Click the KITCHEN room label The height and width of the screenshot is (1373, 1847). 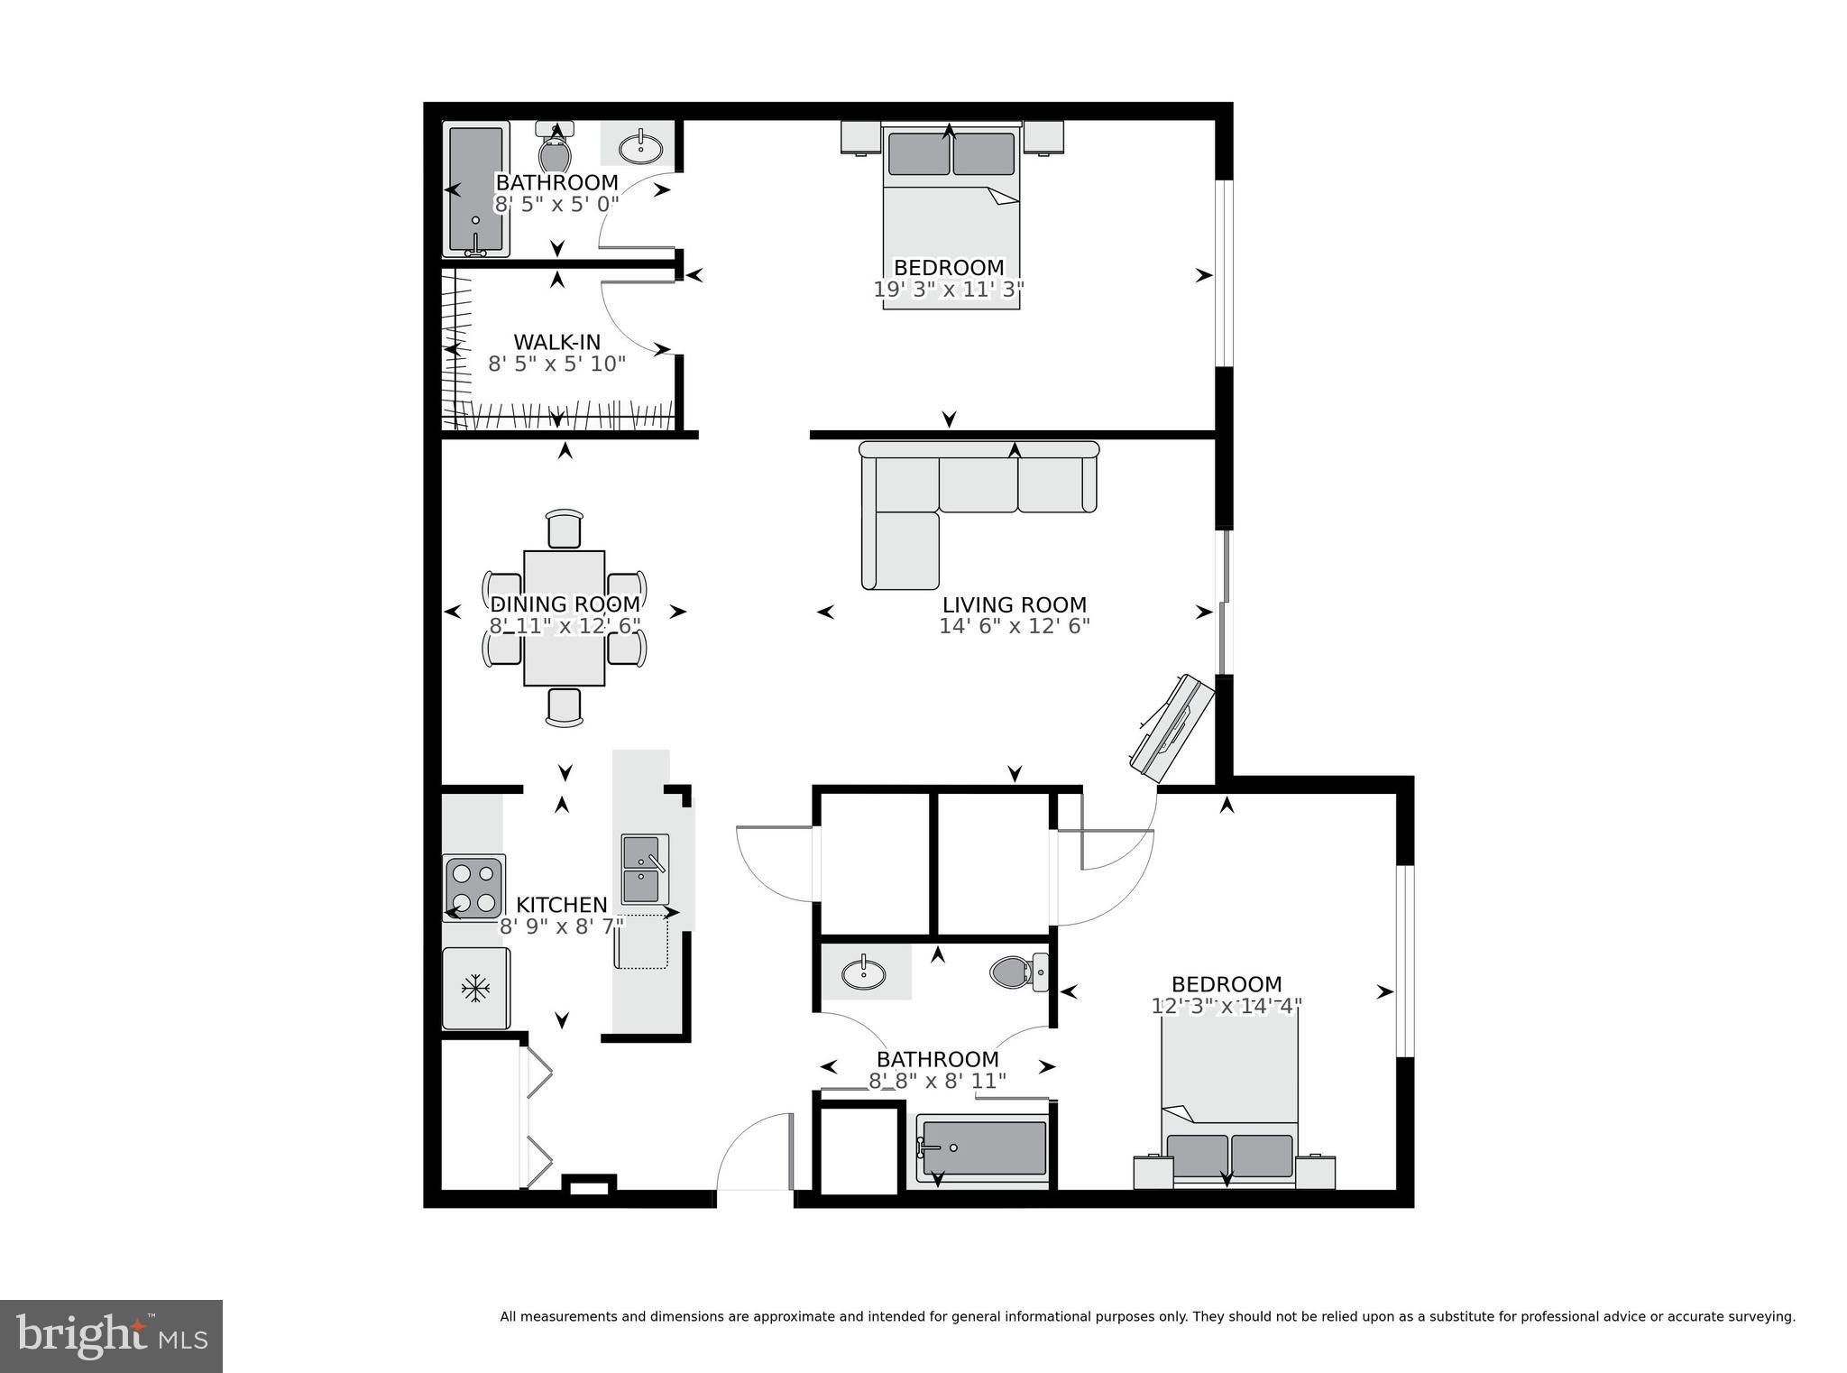[561, 905]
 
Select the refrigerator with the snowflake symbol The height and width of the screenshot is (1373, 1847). [475, 989]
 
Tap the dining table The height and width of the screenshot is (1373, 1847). [565, 619]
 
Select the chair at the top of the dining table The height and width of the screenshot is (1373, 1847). [565, 529]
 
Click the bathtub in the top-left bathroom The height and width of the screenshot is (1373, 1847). [475, 189]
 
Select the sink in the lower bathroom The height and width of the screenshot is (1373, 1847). [863, 973]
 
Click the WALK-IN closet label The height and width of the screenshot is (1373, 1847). [556, 343]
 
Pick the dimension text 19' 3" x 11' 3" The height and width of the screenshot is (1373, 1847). [949, 290]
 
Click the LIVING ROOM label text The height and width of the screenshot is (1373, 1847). [1015, 605]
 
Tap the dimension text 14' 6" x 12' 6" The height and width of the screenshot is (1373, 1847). [1015, 626]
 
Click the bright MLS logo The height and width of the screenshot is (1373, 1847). [111, 1336]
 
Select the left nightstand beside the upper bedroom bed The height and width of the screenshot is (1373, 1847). [860, 138]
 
